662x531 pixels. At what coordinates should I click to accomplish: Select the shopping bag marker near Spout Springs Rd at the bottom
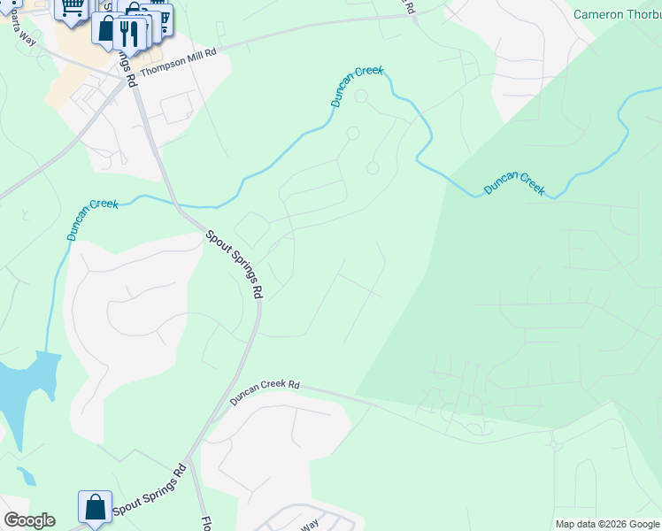tap(95, 508)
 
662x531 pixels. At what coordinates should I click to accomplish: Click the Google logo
tap(28, 520)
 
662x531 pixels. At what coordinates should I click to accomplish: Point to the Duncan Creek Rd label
tap(266, 393)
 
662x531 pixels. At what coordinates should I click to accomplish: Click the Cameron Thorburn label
tap(617, 14)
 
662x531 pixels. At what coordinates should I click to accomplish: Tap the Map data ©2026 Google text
tap(607, 524)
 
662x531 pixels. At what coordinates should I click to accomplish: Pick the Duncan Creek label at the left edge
tap(92, 219)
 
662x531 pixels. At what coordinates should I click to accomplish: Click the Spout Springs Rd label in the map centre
tap(235, 264)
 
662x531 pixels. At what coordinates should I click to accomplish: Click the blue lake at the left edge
tap(22, 389)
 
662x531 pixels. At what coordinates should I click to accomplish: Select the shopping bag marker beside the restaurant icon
tap(106, 28)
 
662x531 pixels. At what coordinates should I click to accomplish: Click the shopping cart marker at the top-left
tap(73, 9)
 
